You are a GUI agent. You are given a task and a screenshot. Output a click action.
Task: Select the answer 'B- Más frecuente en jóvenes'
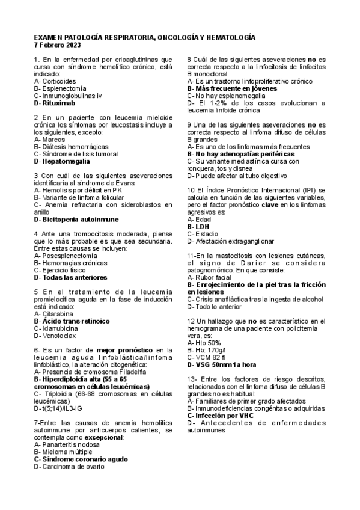[232, 88]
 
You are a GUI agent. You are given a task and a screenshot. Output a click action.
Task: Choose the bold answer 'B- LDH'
[198, 227]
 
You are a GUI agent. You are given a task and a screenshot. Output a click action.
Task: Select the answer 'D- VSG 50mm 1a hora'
[222, 364]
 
